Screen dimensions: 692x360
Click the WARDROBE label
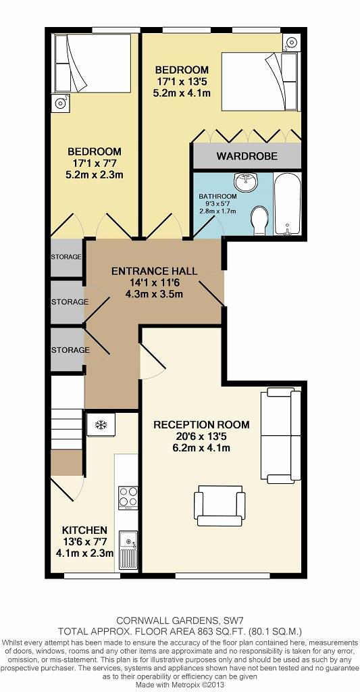tap(247, 156)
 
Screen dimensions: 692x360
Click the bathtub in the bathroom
tap(288, 203)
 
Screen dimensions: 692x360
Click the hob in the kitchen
tap(126, 499)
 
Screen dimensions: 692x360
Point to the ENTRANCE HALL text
tap(154, 271)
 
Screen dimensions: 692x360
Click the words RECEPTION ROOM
tap(201, 424)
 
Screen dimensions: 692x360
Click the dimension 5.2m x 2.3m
tap(93, 175)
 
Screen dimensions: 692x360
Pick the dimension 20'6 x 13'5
tap(201, 437)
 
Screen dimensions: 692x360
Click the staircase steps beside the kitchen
tap(66, 419)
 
